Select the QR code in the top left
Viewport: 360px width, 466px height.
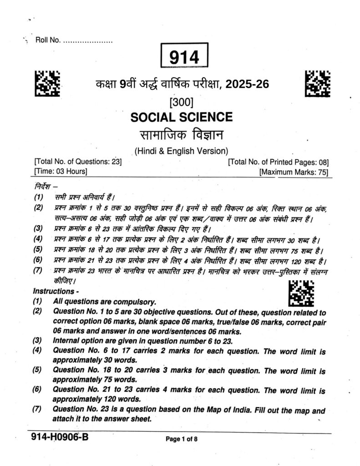point(47,83)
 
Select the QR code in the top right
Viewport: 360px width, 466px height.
point(317,83)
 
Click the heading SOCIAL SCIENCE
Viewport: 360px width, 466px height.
point(181,117)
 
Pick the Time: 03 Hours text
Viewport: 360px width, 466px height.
point(61,172)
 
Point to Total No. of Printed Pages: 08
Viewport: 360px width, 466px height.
point(278,162)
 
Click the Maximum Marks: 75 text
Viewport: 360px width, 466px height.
point(294,172)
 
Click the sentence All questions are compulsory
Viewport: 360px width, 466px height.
point(105,301)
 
